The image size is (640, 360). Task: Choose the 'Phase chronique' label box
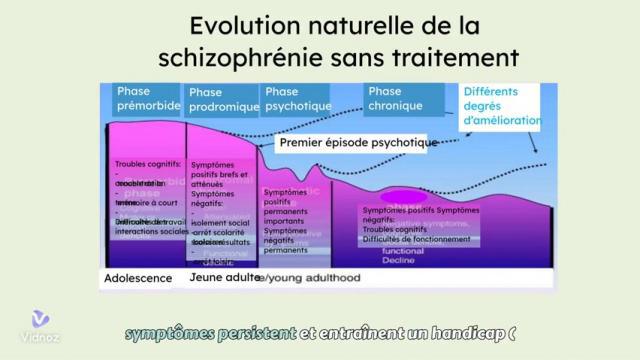coord(403,98)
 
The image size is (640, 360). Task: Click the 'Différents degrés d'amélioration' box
coord(500,105)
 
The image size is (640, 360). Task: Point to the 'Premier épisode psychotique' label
coord(359,143)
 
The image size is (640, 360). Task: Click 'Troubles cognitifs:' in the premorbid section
coord(148,163)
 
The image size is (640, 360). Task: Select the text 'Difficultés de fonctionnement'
coord(417,238)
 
